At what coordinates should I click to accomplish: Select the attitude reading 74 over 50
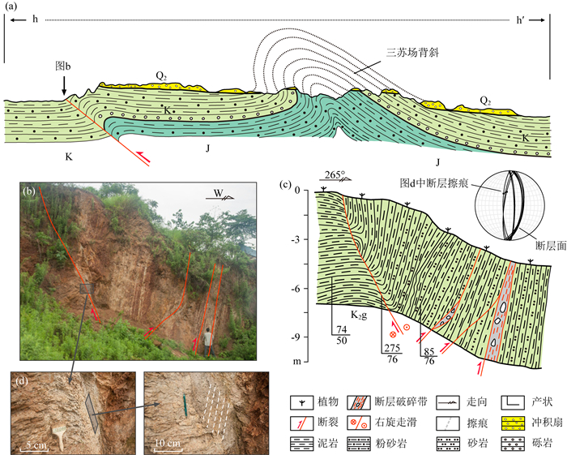coord(342,335)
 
